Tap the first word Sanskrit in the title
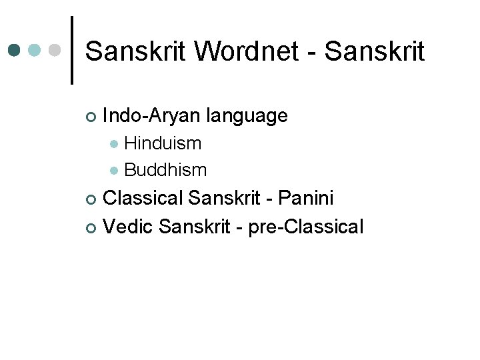(x=135, y=51)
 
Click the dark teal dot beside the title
(x=15, y=51)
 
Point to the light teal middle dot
(x=36, y=51)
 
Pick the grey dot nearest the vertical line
(x=56, y=51)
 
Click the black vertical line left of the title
(x=72, y=51)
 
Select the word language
(x=247, y=116)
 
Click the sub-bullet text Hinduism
(x=163, y=143)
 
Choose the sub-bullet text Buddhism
(x=165, y=170)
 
